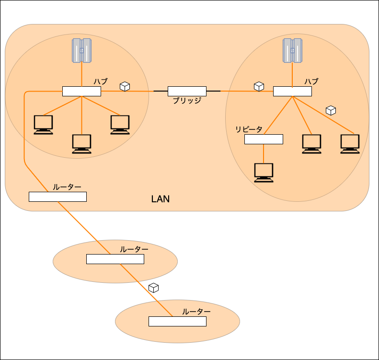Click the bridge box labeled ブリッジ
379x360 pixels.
coord(187,91)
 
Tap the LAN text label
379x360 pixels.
coord(160,199)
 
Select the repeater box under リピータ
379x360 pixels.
coord(264,139)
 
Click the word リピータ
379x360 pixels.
coord(249,129)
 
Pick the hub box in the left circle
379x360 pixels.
coord(82,91)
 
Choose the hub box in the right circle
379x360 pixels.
coord(292,91)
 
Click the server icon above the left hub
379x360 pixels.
coord(82,50)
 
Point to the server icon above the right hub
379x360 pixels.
coord(292,50)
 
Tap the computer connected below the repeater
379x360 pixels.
coord(264,173)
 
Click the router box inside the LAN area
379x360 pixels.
coord(58,197)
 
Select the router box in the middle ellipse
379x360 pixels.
coord(115,259)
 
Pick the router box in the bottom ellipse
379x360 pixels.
coord(177,321)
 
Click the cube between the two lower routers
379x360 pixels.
coord(153,288)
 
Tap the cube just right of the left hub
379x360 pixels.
coord(125,86)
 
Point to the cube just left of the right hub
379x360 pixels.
coord(259,86)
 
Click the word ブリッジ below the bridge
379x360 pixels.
coord(187,101)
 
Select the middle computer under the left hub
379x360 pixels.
coord(82,144)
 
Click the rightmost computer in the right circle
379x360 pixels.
coord(350,144)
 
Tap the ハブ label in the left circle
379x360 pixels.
coord(101,81)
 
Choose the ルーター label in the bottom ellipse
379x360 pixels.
coord(196,312)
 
